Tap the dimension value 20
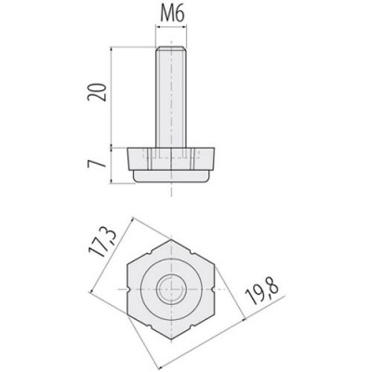[97, 92]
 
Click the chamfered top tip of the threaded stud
[171, 47]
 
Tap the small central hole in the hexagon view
[171, 289]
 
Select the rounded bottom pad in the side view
[171, 176]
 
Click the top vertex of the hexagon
[171, 240]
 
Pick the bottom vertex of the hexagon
[171, 339]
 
